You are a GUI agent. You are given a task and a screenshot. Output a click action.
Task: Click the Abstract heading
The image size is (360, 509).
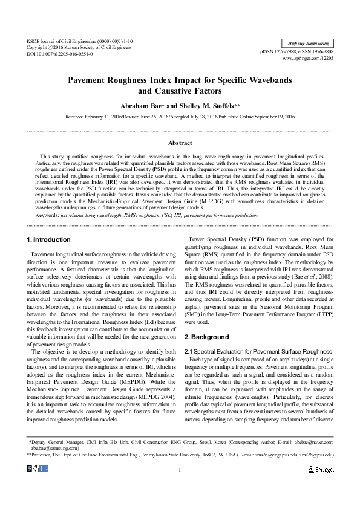[180, 143]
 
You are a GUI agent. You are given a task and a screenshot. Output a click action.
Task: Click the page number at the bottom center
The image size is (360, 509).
[180, 486]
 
